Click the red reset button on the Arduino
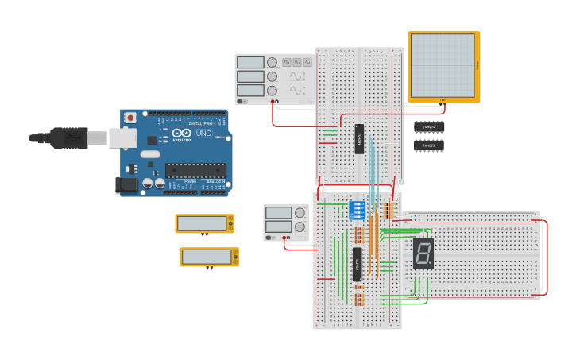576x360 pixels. [x=130, y=118]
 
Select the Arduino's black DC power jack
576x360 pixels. [x=126, y=185]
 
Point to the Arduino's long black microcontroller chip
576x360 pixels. [x=195, y=170]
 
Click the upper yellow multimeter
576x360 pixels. [x=204, y=223]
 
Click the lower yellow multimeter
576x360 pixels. [x=209, y=257]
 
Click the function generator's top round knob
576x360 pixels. [x=273, y=62]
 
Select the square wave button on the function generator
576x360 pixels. [x=285, y=62]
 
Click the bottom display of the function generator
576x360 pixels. [x=250, y=91]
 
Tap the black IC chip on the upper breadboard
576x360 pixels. [x=359, y=139]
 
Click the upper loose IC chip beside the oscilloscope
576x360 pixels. [x=429, y=126]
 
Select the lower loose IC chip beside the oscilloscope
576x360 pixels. [x=429, y=145]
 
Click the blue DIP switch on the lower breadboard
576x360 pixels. [x=358, y=210]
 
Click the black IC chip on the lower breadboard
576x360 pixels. [x=358, y=264]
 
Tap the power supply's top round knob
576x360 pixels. [x=300, y=212]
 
